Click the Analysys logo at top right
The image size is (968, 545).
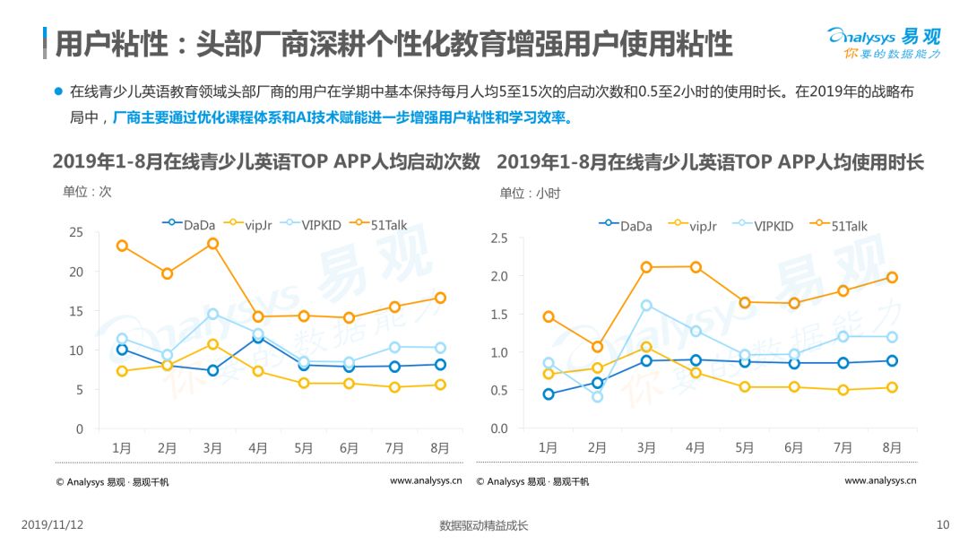pyautogui.click(x=884, y=43)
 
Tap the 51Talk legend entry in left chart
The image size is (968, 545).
pyautogui.click(x=379, y=225)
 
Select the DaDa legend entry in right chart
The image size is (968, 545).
pyautogui.click(x=626, y=226)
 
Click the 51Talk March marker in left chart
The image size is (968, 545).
pyautogui.click(x=212, y=244)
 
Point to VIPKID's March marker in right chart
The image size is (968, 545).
pyautogui.click(x=645, y=306)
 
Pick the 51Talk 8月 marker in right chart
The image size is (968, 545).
pyautogui.click(x=892, y=278)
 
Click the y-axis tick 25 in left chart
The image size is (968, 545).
pyautogui.click(x=76, y=233)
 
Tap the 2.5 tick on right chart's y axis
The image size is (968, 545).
pyautogui.click(x=499, y=238)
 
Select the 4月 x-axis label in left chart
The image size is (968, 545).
pyautogui.click(x=257, y=448)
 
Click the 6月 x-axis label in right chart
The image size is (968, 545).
pyautogui.click(x=793, y=447)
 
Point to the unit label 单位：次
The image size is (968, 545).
pyautogui.click(x=87, y=192)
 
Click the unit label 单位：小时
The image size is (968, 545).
pyautogui.click(x=530, y=194)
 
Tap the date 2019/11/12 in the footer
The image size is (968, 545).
pyautogui.click(x=53, y=524)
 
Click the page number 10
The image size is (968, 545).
pyautogui.click(x=943, y=524)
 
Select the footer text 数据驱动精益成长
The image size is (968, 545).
pyautogui.click(x=483, y=525)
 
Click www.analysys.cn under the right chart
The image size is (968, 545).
pyautogui.click(x=880, y=480)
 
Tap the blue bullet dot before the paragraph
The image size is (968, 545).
pyautogui.click(x=58, y=91)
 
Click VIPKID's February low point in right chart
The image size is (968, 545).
pyautogui.click(x=597, y=397)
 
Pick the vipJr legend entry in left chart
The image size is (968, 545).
pyautogui.click(x=248, y=225)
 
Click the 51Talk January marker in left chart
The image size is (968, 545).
pyautogui.click(x=122, y=247)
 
